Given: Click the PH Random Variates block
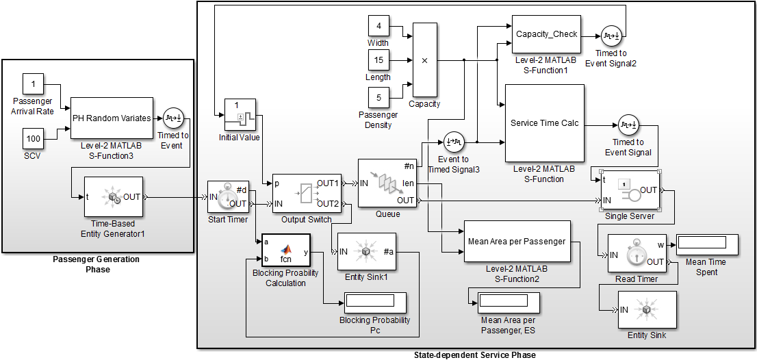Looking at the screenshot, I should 112,118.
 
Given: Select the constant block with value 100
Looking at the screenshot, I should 34,139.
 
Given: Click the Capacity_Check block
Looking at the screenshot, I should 546,34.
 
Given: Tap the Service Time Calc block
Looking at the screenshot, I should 544,123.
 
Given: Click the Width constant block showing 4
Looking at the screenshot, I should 378,27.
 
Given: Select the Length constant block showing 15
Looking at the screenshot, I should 378,61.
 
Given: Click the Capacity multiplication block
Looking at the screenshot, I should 424,60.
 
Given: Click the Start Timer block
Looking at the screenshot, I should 228,194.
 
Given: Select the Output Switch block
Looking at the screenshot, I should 305,194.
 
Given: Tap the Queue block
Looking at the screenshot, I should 387,183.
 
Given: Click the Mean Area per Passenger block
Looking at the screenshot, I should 517,241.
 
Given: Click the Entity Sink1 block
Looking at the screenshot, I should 366,253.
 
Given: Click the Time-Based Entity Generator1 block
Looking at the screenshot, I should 113,197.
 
